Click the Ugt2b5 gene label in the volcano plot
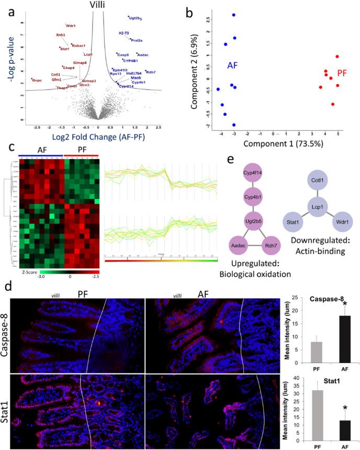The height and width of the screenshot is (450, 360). click(x=136, y=18)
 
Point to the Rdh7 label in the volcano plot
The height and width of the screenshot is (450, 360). click(x=150, y=72)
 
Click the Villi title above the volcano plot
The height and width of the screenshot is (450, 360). click(x=97, y=5)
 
